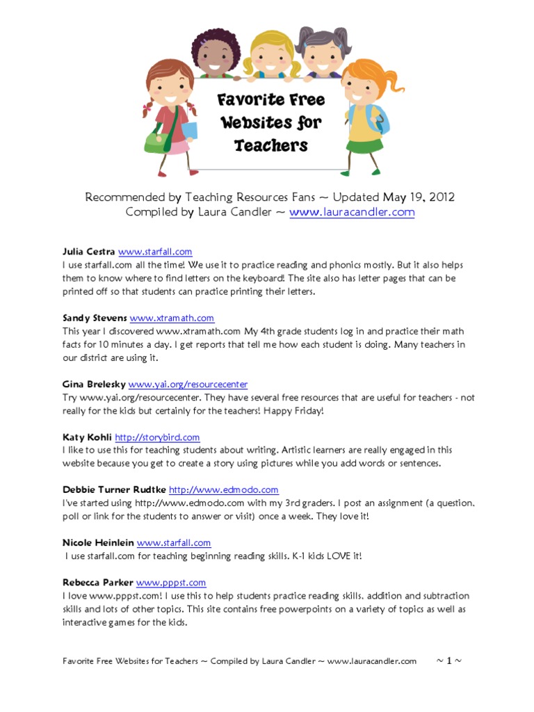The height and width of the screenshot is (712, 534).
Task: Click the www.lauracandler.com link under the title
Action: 352,212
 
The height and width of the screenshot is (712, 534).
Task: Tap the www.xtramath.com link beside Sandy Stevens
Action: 172,318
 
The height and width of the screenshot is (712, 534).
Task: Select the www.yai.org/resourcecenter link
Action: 188,384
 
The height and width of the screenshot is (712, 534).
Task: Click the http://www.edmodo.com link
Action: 223,489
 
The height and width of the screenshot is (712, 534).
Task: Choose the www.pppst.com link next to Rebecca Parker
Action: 171,583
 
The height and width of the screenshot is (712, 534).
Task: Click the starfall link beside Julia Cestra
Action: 155,252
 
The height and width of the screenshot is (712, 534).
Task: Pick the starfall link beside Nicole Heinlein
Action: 174,542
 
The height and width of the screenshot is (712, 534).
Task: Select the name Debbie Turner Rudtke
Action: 114,489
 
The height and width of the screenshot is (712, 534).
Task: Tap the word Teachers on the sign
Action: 270,145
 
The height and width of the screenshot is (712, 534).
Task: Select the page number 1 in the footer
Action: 448,661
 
